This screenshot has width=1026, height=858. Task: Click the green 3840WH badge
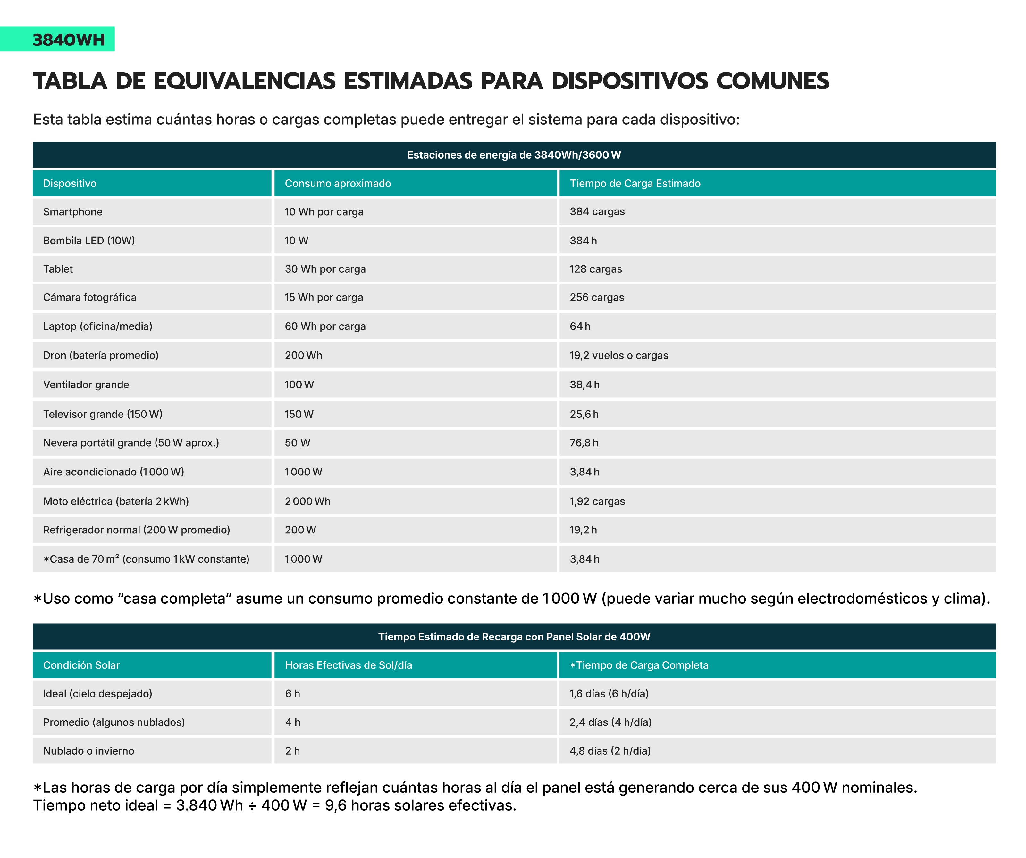tap(68, 39)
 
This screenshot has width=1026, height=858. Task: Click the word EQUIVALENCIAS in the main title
tap(244, 81)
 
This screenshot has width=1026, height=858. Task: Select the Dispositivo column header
tap(70, 183)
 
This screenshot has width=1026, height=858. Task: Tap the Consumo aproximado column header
tap(338, 183)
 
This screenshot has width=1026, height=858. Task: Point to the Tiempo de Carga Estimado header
tap(635, 183)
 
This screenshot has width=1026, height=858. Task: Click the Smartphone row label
tap(73, 211)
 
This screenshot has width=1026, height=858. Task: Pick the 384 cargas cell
tap(597, 211)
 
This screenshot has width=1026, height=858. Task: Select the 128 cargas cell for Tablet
tap(596, 269)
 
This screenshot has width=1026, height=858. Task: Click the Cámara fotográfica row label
tap(90, 297)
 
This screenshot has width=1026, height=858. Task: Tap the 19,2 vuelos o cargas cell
tap(618, 356)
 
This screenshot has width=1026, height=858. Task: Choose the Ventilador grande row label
tap(86, 385)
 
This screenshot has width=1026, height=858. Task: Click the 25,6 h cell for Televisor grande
tap(584, 414)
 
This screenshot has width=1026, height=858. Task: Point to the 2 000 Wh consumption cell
tap(307, 501)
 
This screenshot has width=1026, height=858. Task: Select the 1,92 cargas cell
tap(597, 501)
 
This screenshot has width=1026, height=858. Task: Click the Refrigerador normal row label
tap(136, 530)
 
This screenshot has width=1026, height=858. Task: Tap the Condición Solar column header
tap(81, 665)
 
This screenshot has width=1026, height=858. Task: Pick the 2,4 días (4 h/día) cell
tap(610, 722)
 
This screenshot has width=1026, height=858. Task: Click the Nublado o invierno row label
tap(88, 751)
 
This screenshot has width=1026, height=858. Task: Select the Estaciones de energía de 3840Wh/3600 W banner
tap(514, 155)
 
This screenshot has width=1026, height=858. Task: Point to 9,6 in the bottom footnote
tap(336, 805)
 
